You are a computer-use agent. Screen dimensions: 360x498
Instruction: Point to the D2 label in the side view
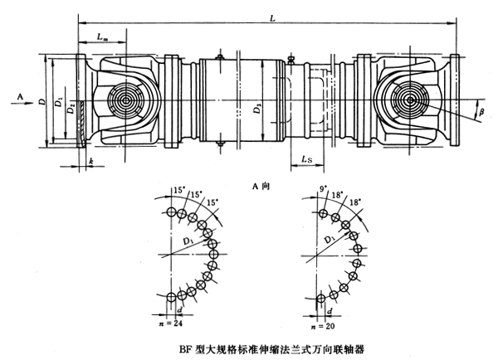point(72,108)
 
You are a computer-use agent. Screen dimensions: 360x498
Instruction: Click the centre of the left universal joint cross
point(126,103)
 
